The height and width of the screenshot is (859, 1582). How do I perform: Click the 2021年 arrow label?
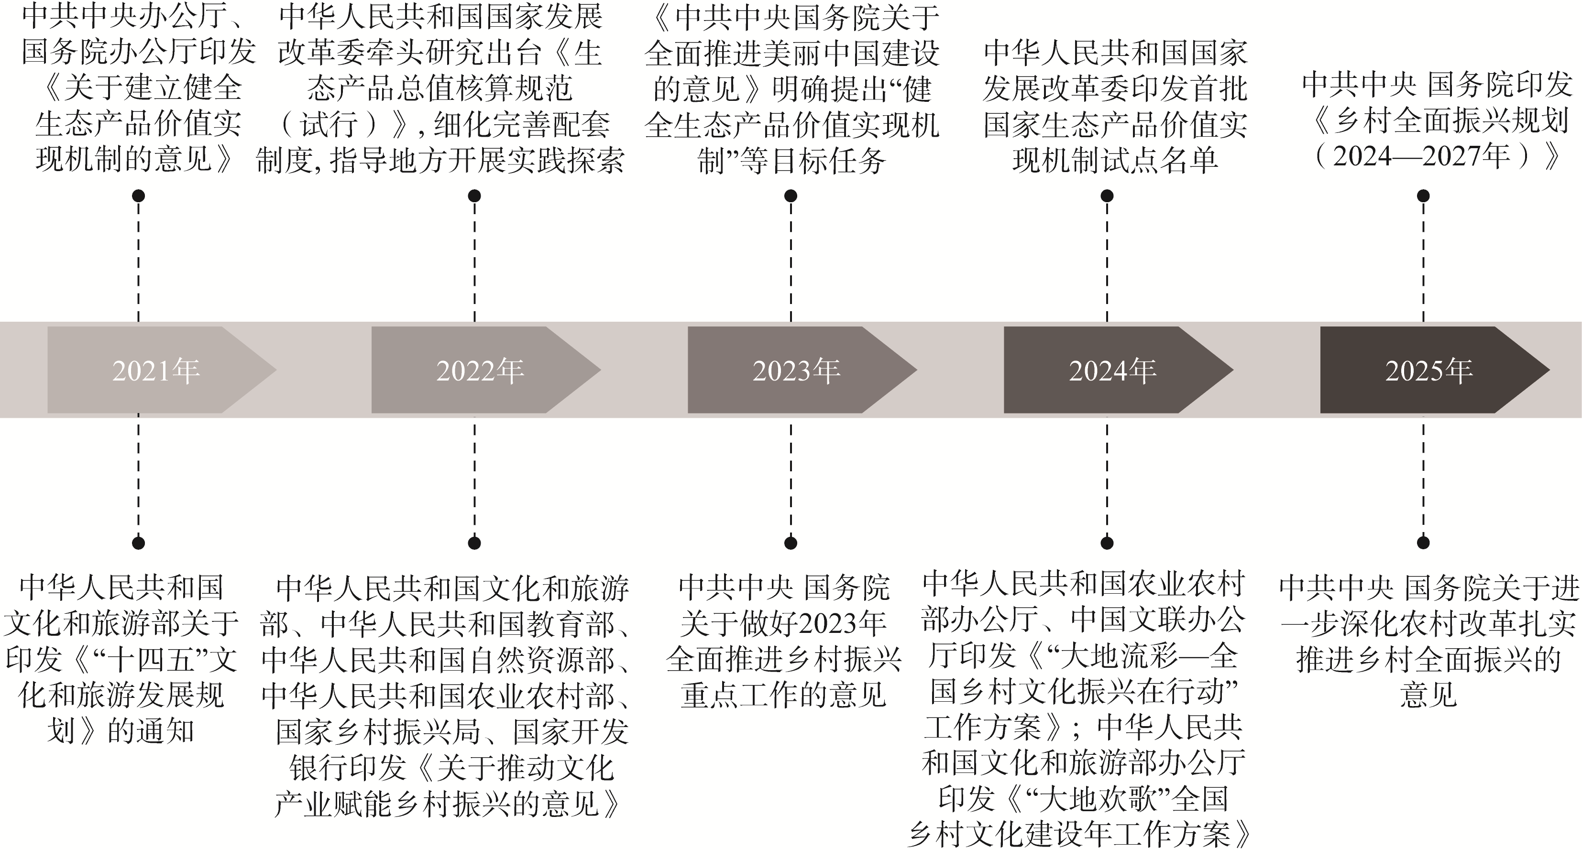(x=156, y=370)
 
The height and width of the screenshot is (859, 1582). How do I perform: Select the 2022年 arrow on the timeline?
(x=480, y=370)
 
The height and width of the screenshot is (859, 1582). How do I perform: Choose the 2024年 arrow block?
(x=1113, y=370)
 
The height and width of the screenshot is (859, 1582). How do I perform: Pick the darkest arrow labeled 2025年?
(x=1429, y=370)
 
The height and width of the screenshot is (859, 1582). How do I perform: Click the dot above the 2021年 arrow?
(x=139, y=196)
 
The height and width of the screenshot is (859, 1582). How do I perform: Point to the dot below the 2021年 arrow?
(x=139, y=543)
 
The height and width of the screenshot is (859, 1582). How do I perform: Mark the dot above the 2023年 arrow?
(x=791, y=196)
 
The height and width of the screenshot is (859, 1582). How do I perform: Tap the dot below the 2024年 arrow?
(x=1107, y=543)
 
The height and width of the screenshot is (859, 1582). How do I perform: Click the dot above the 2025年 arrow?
(x=1424, y=196)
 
